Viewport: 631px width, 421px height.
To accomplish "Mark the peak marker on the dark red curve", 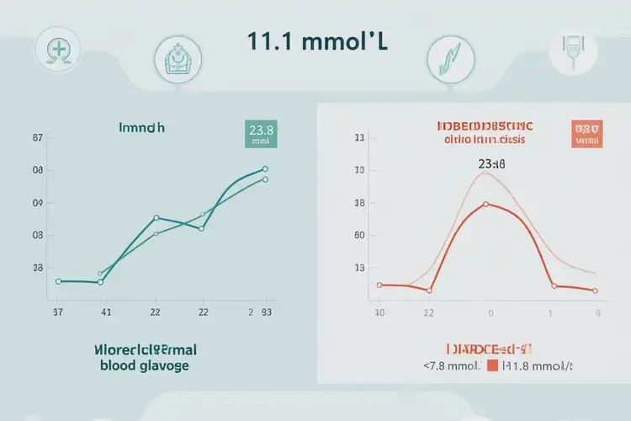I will click(x=485, y=204).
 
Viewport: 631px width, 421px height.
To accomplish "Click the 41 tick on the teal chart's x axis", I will click(x=106, y=312).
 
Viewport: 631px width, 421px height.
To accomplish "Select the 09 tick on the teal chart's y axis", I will click(x=38, y=204).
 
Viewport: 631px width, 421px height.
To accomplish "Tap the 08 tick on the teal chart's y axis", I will click(x=38, y=171).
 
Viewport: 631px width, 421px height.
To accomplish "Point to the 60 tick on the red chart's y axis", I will click(x=360, y=237).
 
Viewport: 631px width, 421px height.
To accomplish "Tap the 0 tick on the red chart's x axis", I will click(x=490, y=312).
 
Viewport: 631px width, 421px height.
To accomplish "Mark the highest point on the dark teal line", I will click(x=265, y=169).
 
